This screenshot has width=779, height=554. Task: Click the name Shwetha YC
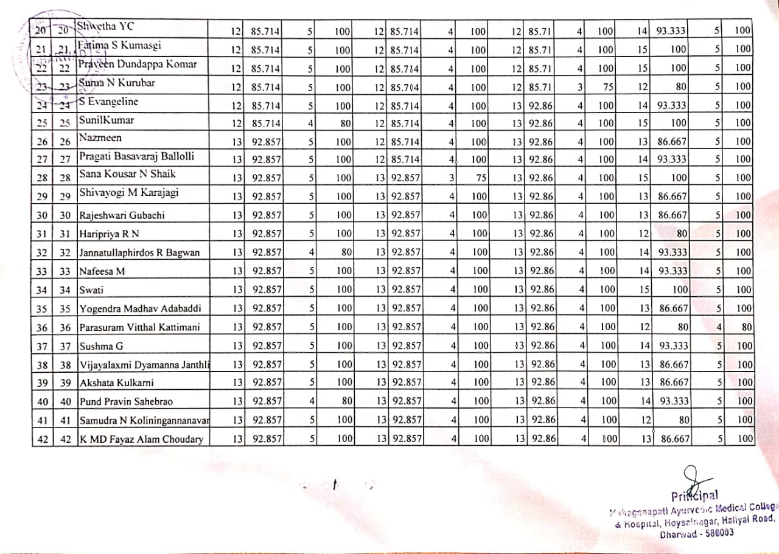pos(105,27)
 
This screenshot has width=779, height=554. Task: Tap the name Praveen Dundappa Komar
pos(138,64)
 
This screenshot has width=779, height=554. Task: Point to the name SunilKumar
pos(107,120)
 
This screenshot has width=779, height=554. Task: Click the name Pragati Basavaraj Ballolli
pos(136,156)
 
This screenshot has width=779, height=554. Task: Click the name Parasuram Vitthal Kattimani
pos(139,327)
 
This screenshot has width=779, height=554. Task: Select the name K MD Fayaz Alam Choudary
pos(141,439)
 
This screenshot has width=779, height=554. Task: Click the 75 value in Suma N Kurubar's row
pos(606,86)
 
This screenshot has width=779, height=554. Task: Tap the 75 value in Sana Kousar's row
pos(480,178)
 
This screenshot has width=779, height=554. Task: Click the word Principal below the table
pos(695,495)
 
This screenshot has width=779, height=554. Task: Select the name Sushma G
pos(101,346)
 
